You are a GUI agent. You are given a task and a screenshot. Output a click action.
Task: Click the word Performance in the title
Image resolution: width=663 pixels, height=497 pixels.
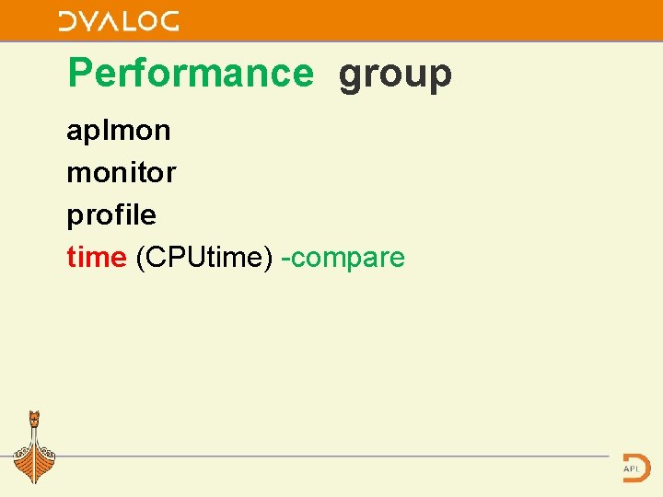191,74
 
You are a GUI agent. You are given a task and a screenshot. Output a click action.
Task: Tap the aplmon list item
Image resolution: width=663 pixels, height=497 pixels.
118,131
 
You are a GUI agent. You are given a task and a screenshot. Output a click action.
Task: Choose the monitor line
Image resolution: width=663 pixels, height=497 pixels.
121,172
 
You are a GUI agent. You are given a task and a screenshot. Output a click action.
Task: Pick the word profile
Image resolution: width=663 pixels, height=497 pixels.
111,215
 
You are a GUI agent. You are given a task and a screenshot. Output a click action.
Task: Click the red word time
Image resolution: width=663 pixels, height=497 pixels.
96,258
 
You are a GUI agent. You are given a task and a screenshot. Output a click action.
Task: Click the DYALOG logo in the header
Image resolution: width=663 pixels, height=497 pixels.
118,21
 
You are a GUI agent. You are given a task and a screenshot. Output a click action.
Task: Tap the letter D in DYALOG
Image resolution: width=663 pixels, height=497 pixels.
67,21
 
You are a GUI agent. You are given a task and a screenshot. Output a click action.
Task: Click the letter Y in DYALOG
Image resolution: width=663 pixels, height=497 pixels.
88,21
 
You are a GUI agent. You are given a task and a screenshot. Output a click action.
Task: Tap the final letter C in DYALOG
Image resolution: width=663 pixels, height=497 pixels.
169,21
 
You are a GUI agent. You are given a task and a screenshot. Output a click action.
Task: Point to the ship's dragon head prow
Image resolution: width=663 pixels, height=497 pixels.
35,419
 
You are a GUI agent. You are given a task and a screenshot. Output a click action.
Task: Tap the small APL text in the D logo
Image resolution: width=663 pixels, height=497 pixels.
632,468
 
